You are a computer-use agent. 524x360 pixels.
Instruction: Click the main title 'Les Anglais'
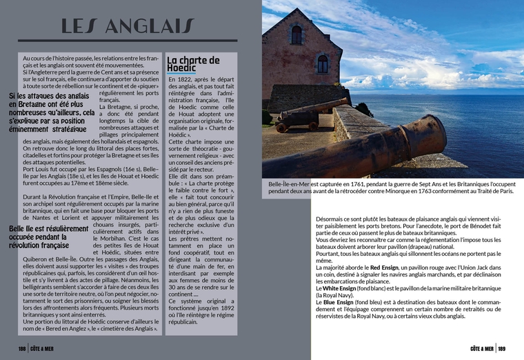point(128,26)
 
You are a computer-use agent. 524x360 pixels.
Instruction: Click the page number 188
point(23,349)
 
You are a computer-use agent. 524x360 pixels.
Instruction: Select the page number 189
point(502,349)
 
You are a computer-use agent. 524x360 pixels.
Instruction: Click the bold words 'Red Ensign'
point(384,267)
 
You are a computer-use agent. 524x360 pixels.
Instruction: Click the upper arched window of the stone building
point(296,34)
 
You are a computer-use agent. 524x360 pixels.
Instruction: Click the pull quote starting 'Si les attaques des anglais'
point(52,112)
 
